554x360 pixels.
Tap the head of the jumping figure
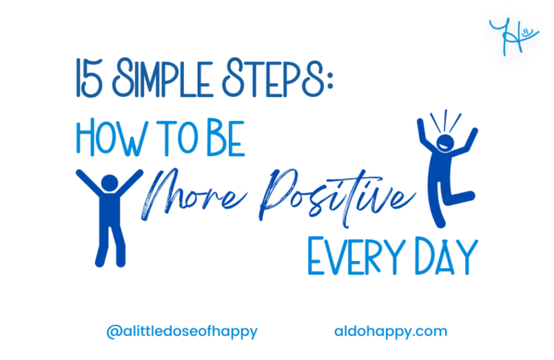tap(446, 145)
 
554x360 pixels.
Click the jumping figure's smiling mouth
tap(447, 149)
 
